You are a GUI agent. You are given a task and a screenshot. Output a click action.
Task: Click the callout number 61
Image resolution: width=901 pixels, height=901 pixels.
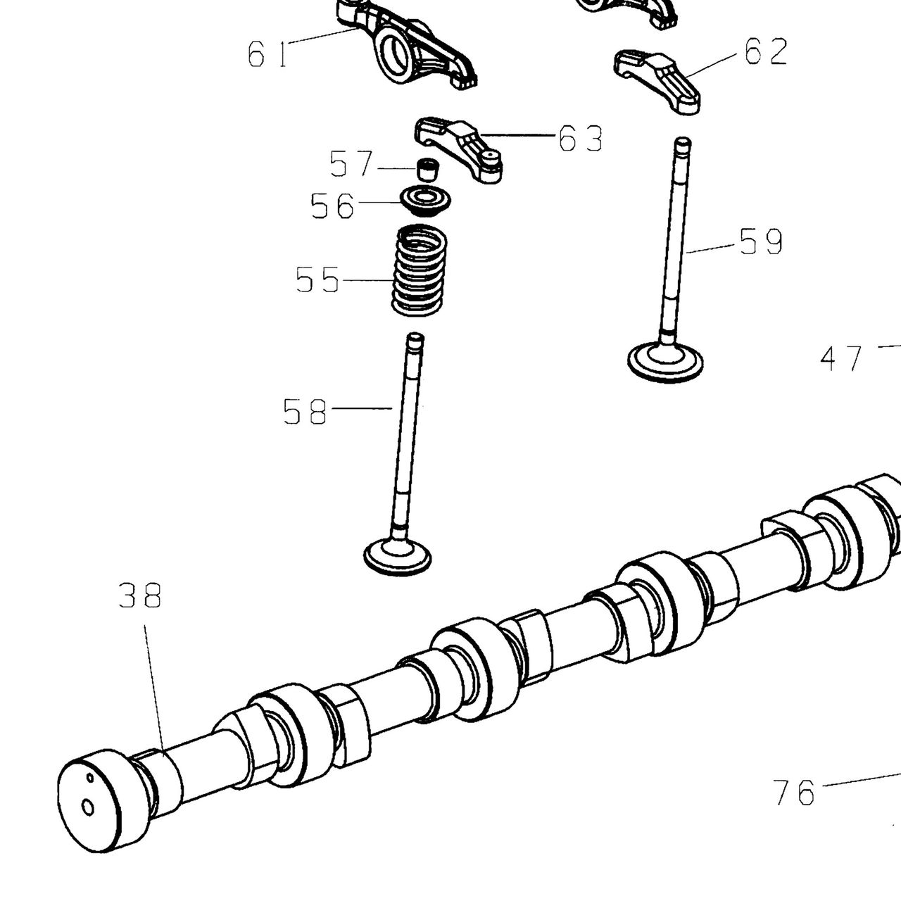(x=267, y=53)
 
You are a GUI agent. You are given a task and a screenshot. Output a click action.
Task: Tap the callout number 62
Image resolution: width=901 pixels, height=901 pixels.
(x=766, y=51)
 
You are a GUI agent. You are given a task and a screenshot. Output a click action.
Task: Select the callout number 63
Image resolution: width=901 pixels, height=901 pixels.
(x=581, y=139)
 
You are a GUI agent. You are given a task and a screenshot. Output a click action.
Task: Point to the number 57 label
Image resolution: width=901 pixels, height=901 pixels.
(x=351, y=163)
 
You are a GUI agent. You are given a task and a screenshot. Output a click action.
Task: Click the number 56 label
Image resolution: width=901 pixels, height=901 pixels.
(x=332, y=206)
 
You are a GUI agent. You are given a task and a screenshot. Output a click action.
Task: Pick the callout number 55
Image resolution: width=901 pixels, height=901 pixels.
(x=317, y=279)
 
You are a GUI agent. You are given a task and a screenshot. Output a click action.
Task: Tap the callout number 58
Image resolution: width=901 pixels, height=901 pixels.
(x=305, y=412)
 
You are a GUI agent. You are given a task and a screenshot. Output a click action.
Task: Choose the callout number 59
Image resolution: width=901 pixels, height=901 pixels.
(x=761, y=241)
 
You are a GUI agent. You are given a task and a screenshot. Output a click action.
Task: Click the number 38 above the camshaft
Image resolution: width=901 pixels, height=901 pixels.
(x=140, y=596)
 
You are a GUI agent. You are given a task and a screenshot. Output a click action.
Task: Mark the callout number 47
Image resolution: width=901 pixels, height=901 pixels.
(x=840, y=358)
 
